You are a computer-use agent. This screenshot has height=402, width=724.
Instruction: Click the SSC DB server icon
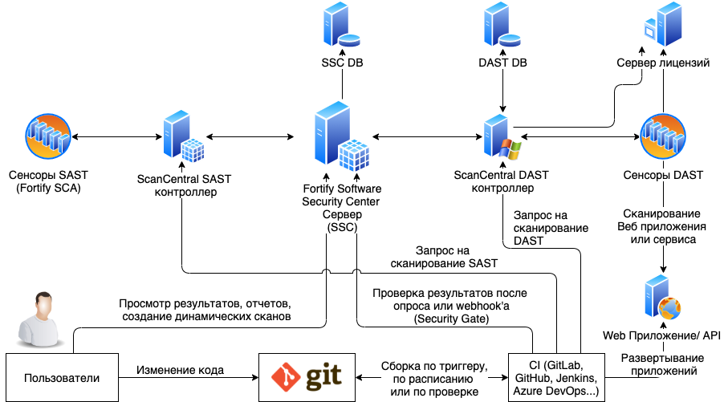(x=336, y=27)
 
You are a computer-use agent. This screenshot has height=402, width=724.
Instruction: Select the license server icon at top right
(x=663, y=26)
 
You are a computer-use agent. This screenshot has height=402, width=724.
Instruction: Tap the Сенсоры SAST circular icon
(x=52, y=138)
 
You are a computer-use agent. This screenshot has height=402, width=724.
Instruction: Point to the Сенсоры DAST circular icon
(x=663, y=137)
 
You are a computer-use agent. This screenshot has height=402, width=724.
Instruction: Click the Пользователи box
(x=62, y=377)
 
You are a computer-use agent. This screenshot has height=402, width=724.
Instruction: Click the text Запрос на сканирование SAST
(x=444, y=257)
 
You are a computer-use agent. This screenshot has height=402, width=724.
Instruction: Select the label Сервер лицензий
(x=662, y=63)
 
